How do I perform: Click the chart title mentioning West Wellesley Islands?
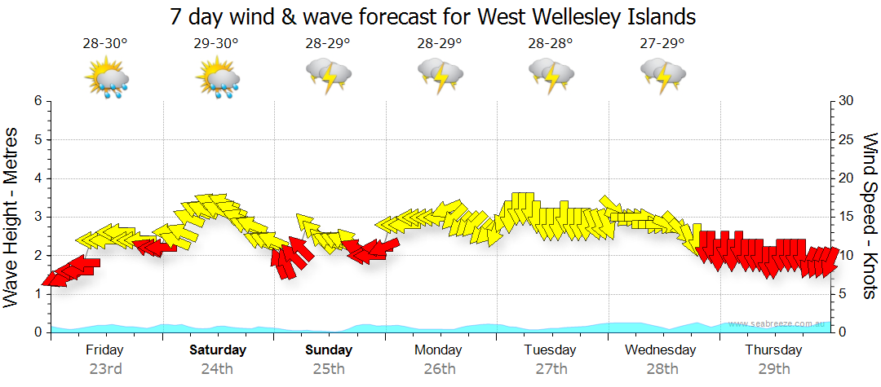click(433, 16)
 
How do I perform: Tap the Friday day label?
click(104, 350)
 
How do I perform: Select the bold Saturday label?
click(217, 350)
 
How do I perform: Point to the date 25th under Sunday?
click(329, 368)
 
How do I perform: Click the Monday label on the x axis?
click(440, 350)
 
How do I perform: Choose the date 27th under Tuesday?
click(551, 368)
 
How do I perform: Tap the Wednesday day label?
click(662, 350)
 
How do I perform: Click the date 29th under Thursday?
click(773, 368)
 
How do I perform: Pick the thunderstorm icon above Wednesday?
click(662, 75)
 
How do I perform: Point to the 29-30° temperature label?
click(216, 43)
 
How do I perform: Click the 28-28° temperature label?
click(551, 43)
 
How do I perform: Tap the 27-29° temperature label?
click(662, 43)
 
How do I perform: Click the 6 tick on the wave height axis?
click(38, 101)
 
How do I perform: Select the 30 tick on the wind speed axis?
click(848, 101)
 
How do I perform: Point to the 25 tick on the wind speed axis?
click(848, 139)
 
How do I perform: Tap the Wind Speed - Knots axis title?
click(870, 216)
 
